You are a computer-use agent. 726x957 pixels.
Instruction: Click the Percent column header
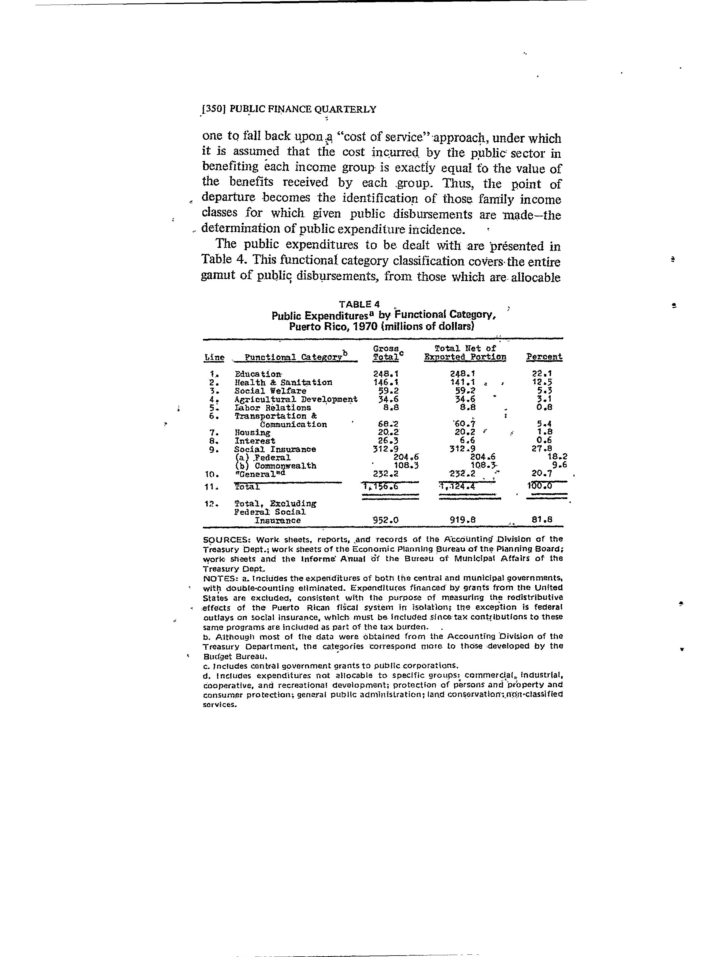(x=544, y=357)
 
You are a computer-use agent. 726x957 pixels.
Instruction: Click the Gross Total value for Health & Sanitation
(x=385, y=382)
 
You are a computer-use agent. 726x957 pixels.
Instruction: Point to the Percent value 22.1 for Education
(x=541, y=374)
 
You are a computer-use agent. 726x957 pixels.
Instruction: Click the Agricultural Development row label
(x=296, y=399)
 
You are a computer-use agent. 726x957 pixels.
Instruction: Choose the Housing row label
(x=252, y=433)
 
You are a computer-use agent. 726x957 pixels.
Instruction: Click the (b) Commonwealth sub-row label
(x=276, y=466)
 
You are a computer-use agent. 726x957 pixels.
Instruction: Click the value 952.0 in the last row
(x=385, y=520)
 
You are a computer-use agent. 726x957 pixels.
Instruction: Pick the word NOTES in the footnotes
(x=217, y=578)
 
